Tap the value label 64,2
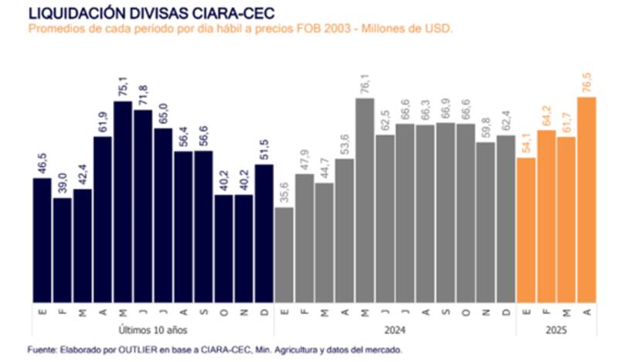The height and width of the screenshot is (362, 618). (x=546, y=115)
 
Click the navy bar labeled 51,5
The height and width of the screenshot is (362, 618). (x=264, y=233)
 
